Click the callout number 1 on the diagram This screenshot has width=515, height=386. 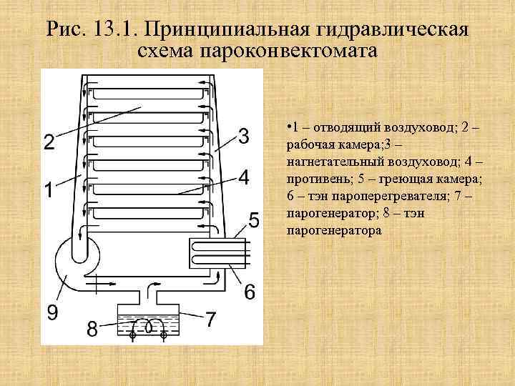[x=48, y=192]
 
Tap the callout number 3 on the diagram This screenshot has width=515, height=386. [x=244, y=135]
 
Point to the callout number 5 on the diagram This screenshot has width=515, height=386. [x=254, y=219]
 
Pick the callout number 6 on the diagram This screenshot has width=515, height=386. [x=250, y=292]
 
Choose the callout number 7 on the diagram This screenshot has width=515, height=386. [x=210, y=320]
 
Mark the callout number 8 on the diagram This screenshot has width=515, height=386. [x=92, y=330]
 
